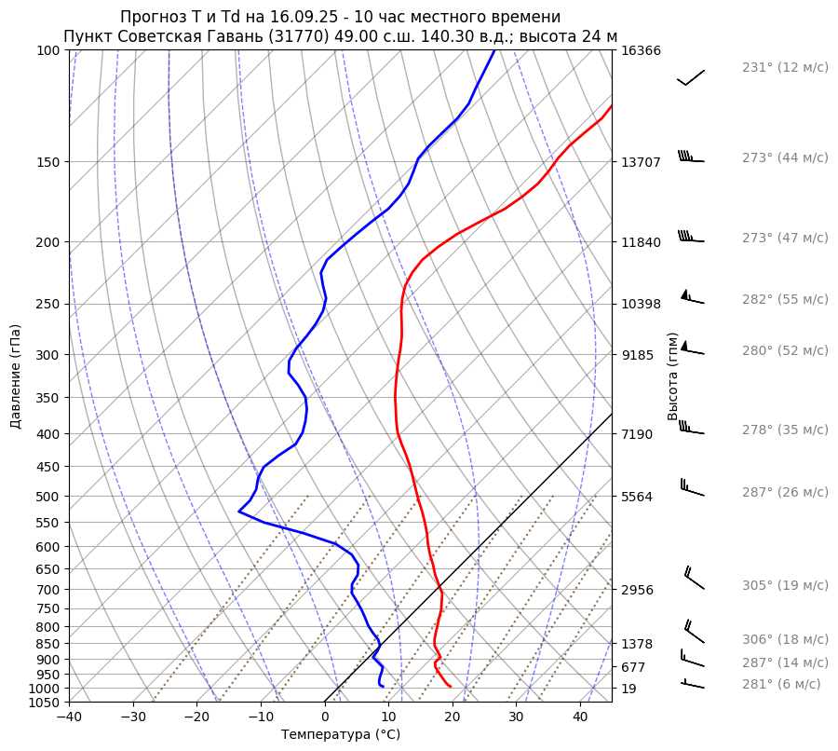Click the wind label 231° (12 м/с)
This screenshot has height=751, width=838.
[x=784, y=68]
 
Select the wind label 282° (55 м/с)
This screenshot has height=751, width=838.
[x=784, y=300]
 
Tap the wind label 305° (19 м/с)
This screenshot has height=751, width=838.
[x=784, y=586]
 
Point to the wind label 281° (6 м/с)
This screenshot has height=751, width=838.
[x=780, y=684]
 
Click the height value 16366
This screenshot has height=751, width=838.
[x=641, y=50]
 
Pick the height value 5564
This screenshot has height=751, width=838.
[x=637, y=497]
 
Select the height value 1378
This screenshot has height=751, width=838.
[x=637, y=644]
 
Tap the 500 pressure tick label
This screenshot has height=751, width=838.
[x=48, y=497]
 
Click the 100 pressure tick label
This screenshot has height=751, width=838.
[x=48, y=50]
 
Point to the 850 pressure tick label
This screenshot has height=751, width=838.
[x=48, y=644]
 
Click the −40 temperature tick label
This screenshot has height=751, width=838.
[x=69, y=717]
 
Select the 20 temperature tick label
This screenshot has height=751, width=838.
[x=453, y=717]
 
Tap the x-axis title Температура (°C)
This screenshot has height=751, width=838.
[x=341, y=735]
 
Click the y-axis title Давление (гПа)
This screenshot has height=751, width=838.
[x=16, y=376]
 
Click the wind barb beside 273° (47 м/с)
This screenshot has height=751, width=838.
[x=690, y=238]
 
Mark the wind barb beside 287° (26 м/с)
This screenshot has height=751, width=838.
[x=691, y=488]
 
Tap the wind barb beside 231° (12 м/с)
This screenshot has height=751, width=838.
[x=691, y=77]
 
